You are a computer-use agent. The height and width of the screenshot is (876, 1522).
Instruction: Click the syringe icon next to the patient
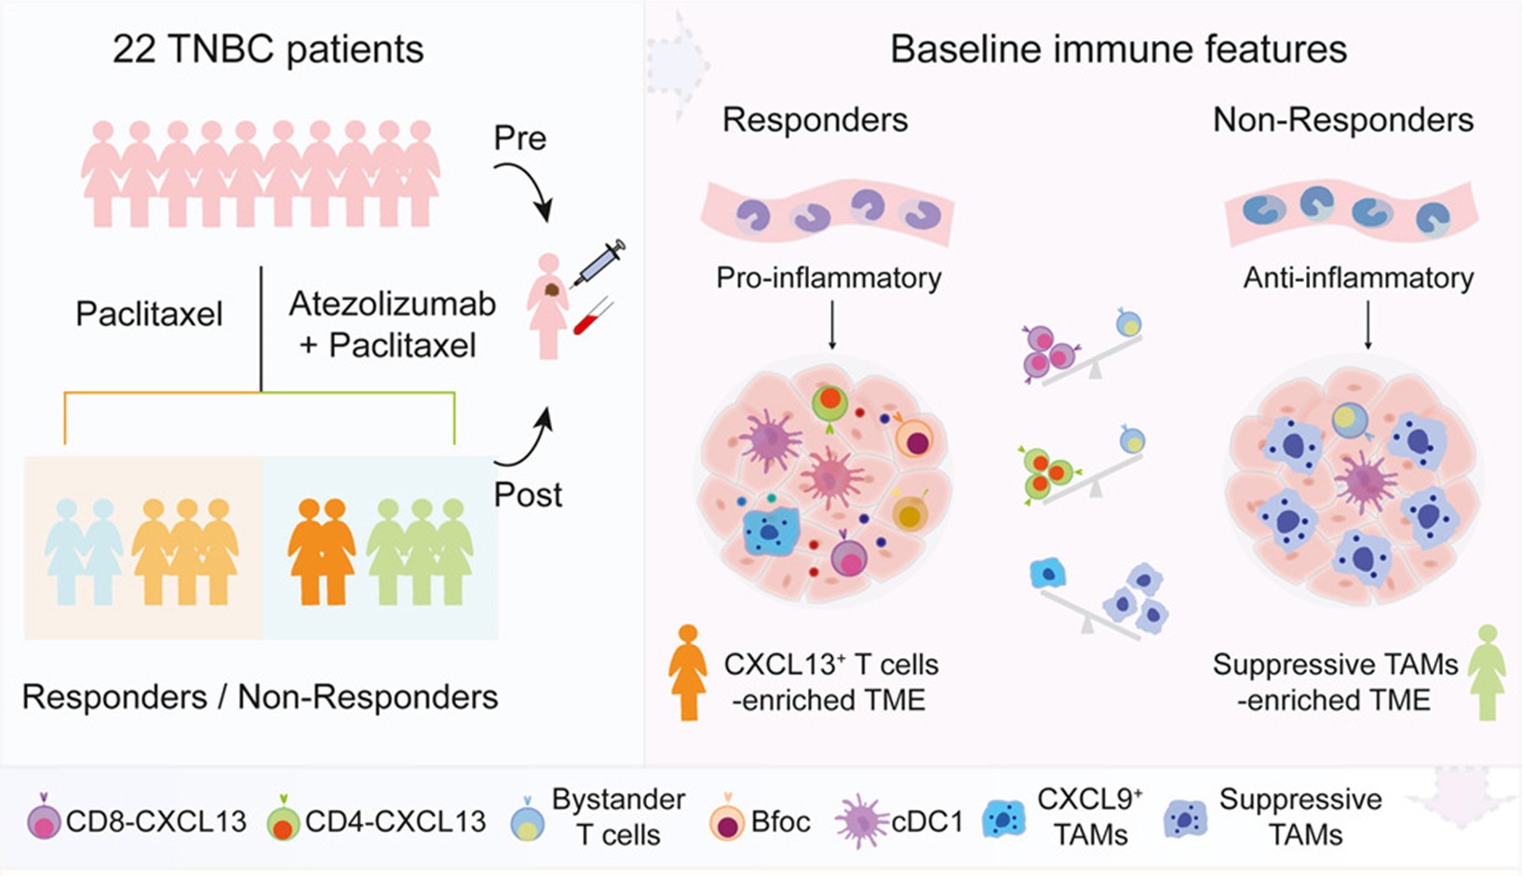coord(599,263)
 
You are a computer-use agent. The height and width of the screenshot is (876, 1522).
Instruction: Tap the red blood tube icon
coord(593,317)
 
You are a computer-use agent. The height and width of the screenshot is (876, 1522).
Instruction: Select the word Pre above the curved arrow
coord(519,138)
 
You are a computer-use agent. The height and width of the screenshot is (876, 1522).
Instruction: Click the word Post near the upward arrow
coord(528,494)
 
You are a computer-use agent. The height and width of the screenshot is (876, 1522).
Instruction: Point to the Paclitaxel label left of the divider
coord(149,314)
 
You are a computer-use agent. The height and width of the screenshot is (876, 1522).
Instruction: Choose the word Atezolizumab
coord(392,303)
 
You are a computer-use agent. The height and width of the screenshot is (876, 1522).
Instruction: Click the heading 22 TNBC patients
coord(268,49)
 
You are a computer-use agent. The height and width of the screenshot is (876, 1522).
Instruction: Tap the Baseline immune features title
coord(1118,49)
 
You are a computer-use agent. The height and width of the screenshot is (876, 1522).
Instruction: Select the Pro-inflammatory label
coord(828,277)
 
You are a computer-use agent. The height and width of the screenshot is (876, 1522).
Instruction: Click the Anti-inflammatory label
coord(1358,277)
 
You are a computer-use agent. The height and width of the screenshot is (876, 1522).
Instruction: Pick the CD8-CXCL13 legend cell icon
coord(44,821)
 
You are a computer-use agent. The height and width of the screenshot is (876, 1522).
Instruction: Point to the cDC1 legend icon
coord(860,821)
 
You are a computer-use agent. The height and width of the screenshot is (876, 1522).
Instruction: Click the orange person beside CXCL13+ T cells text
coord(688,672)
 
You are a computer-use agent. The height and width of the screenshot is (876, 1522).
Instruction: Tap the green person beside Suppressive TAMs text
coord(1487,672)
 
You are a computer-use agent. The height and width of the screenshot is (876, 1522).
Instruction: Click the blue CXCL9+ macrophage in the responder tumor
coord(770,532)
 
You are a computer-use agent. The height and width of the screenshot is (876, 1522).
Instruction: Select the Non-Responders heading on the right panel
coord(1342,120)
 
